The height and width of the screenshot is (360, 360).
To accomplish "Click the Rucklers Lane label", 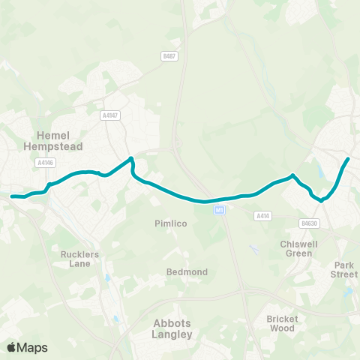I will (x=79, y=259).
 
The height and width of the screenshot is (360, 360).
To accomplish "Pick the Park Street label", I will (x=345, y=269).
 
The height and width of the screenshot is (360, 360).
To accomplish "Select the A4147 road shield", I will (x=110, y=115).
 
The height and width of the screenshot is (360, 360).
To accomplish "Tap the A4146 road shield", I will (x=44, y=161).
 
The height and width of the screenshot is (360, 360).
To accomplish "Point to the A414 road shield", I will (x=262, y=216).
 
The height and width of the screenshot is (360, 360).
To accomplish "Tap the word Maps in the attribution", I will (x=33, y=347).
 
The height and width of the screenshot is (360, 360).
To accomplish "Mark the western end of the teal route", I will (x=12, y=196).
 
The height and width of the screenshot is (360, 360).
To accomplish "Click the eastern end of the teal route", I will (x=348, y=159).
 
